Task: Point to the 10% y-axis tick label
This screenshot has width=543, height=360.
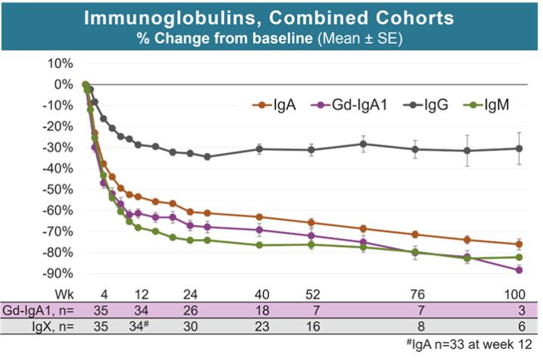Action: point(60,63)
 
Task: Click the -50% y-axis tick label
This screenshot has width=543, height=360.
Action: point(57,188)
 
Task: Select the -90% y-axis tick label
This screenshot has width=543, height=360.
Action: point(57,272)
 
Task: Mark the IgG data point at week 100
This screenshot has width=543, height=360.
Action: point(519,148)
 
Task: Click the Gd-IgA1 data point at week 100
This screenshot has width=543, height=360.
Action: point(519,270)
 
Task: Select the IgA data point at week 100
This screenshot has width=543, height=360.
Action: point(519,244)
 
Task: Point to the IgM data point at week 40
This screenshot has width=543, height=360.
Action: point(260,245)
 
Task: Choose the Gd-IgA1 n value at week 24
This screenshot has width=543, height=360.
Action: point(189,309)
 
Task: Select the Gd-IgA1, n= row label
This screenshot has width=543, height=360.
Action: point(37,309)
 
